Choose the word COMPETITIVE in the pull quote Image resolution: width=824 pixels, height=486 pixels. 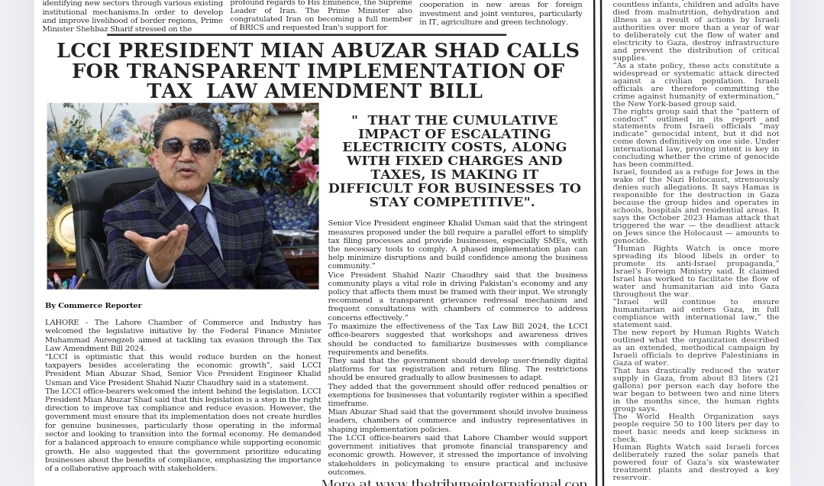click(x=473, y=202)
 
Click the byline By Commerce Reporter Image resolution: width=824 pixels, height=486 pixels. click(x=93, y=306)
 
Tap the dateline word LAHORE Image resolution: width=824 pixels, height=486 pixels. click(x=61, y=322)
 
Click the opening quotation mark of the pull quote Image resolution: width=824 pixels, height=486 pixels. click(x=354, y=119)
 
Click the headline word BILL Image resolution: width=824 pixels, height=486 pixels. click(x=454, y=91)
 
